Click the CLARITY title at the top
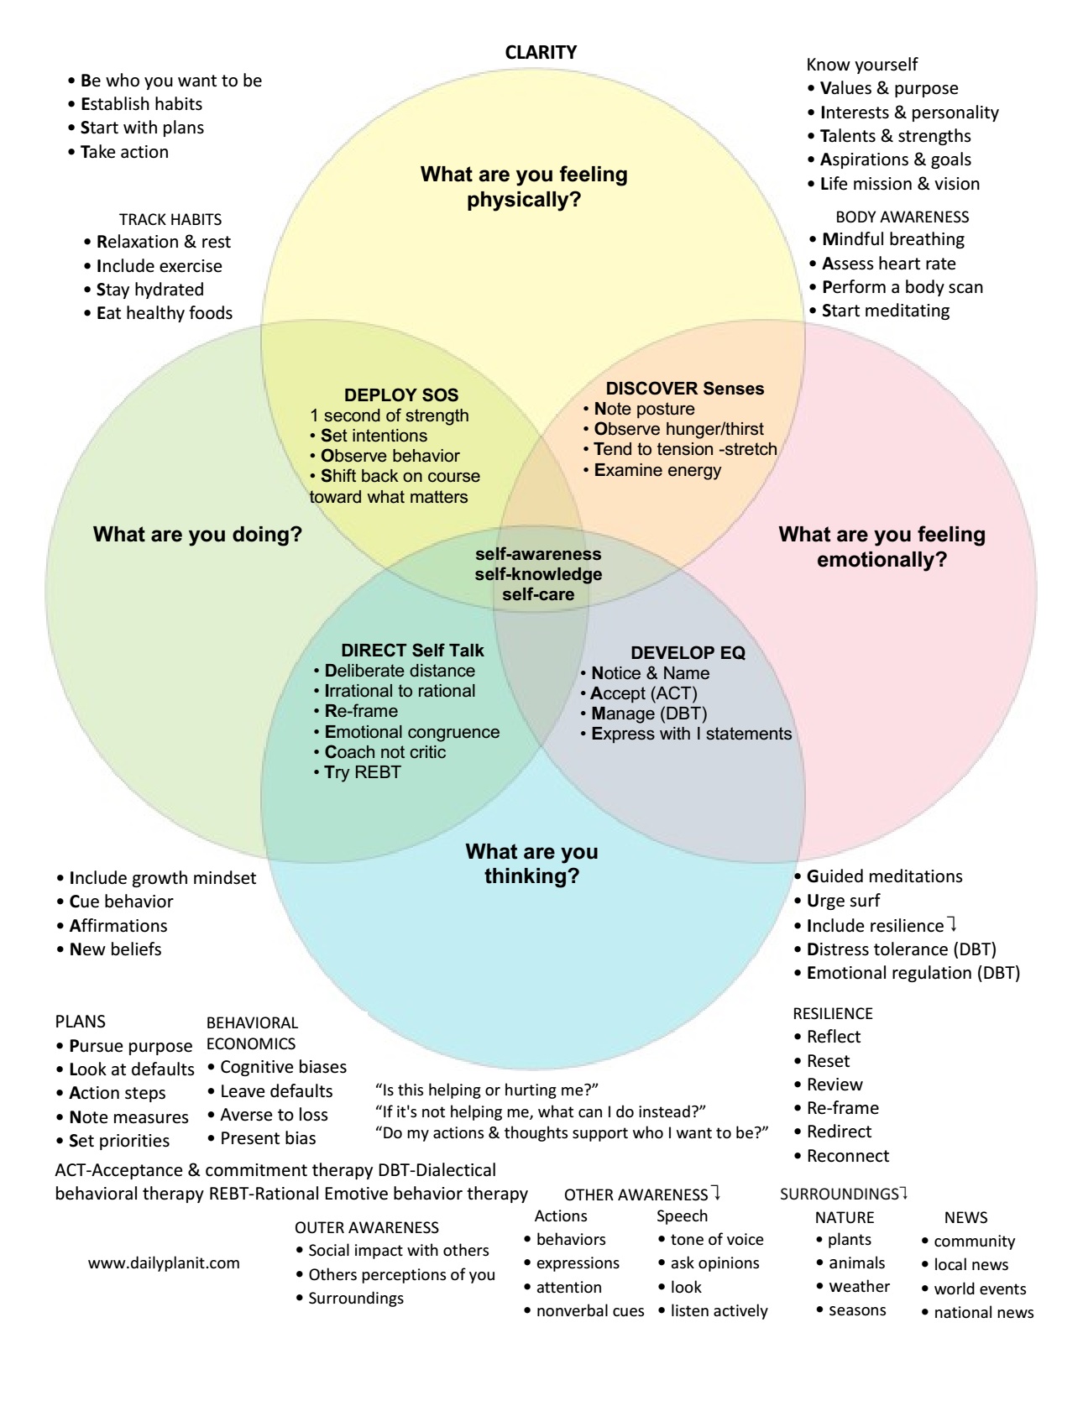[x=541, y=52]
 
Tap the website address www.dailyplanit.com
[x=164, y=1262]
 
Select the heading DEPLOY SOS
[x=401, y=395]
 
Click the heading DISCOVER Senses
[x=685, y=388]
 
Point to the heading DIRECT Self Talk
[x=412, y=651]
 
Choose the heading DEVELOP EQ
[x=688, y=652]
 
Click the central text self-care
[x=538, y=594]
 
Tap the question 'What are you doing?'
[x=197, y=534]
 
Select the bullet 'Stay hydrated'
[x=150, y=290]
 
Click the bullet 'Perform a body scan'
[x=902, y=286]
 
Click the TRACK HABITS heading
[x=170, y=219]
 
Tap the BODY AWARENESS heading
[x=902, y=217]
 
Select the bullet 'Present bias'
[x=268, y=1138]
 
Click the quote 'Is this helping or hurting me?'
[x=486, y=1090]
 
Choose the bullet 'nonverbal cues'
[x=590, y=1310]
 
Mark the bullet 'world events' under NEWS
[x=980, y=1289]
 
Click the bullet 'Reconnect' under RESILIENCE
[x=848, y=1156]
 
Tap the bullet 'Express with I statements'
[x=691, y=734]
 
